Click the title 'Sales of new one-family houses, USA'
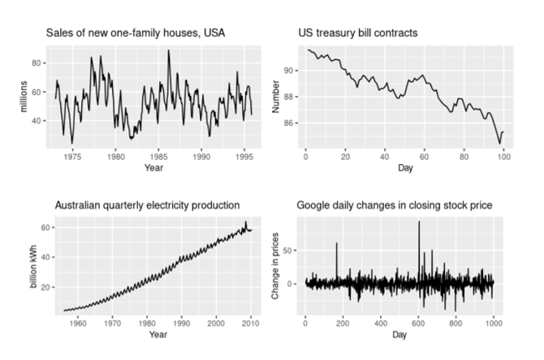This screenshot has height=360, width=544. coord(135,33)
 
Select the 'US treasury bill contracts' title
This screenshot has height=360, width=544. coord(360,33)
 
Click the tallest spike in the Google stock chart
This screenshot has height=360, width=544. coord(419,222)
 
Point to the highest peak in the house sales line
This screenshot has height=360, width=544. coord(169,50)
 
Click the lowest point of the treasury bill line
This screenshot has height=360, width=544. coord(499,144)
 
